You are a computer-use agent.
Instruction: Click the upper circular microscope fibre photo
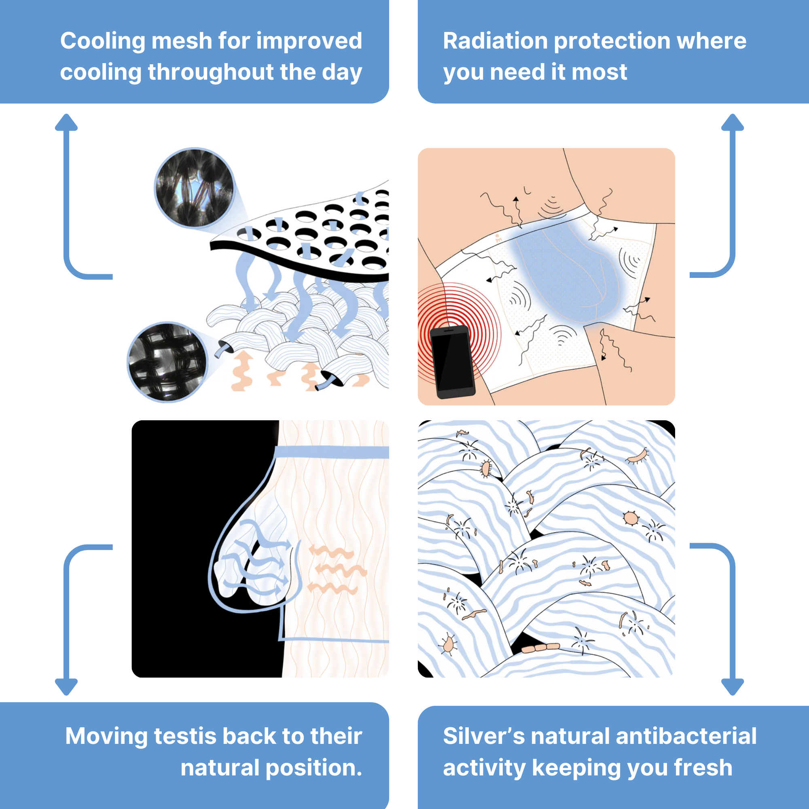194,187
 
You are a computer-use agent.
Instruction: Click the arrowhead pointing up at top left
66,122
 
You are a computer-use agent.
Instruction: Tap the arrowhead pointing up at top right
733,122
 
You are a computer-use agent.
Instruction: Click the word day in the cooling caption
341,72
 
